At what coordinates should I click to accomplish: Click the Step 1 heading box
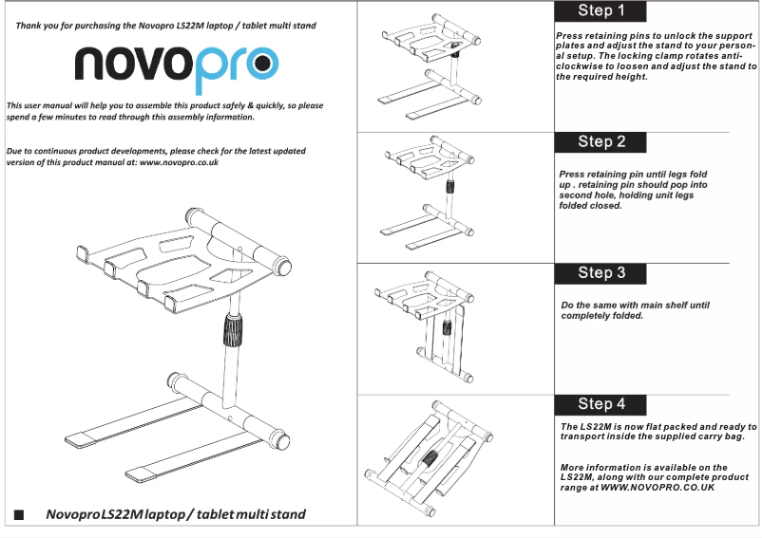click(x=600, y=11)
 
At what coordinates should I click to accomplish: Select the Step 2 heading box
click(x=600, y=141)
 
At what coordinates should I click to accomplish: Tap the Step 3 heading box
click(x=600, y=272)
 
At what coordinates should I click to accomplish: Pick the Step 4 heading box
click(x=600, y=403)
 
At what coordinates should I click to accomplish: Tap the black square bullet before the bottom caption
click(x=18, y=515)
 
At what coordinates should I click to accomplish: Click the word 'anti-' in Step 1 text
click(x=735, y=56)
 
